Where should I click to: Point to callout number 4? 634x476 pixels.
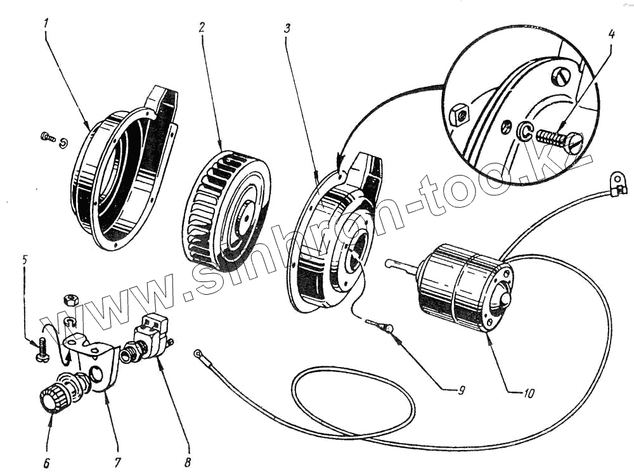tap(611, 34)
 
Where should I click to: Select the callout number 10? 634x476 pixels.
tap(529, 393)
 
